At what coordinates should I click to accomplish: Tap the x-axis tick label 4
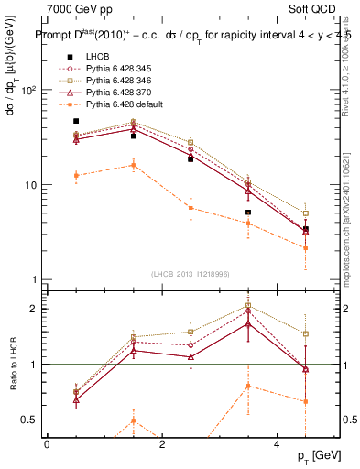[278, 443]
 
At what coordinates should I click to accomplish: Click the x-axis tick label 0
[47, 443]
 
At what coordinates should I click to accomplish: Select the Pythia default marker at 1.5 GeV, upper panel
[134, 165]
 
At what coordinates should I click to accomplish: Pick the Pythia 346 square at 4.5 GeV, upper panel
[306, 213]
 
